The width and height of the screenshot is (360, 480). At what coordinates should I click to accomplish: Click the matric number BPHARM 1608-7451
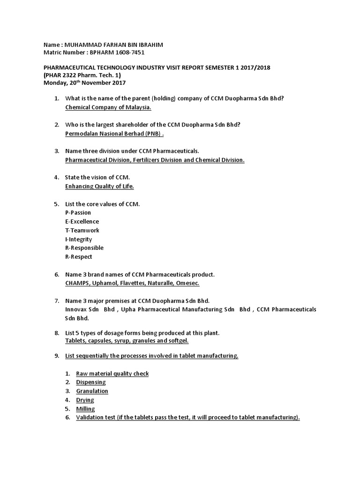point(120,53)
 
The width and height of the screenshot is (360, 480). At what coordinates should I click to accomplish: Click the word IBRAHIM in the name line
point(151,45)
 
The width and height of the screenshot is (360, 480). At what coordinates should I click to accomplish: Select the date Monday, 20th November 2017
point(85,83)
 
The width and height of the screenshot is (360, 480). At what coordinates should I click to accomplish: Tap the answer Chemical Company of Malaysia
point(108,107)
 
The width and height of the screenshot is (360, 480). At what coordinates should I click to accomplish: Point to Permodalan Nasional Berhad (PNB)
point(115,134)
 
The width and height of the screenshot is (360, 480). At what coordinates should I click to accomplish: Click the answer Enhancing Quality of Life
point(99,186)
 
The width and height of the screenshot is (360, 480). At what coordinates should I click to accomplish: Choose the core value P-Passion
point(78,212)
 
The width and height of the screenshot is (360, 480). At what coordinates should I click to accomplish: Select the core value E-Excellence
point(82,221)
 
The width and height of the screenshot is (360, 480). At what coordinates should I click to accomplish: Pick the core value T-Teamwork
point(82,230)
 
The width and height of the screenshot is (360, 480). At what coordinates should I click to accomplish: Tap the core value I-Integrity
point(79,239)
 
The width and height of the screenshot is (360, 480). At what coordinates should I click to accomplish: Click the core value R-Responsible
point(84,247)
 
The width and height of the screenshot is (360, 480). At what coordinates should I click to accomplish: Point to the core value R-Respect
point(79,256)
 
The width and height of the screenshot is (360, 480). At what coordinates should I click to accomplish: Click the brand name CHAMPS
point(78,283)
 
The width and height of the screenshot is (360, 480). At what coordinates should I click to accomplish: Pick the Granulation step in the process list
point(92,391)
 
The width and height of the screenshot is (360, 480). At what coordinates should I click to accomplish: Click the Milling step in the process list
point(85,409)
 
